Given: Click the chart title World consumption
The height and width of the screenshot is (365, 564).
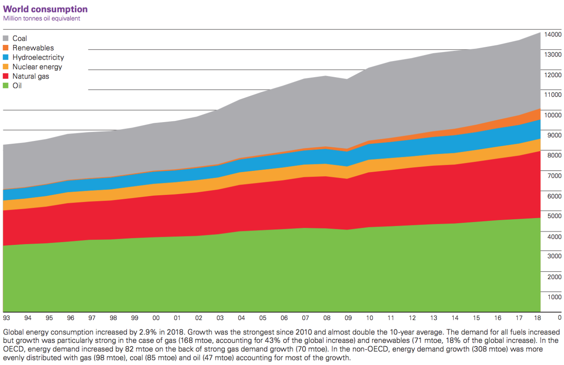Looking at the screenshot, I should point(45,9).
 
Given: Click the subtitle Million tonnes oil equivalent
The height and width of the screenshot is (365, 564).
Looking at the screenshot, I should point(41,19).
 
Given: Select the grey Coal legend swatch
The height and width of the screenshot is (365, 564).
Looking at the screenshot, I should point(6,38).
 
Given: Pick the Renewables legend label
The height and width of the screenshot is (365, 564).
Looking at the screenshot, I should point(33,48).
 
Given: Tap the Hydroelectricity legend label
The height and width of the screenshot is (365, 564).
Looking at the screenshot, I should point(38,57).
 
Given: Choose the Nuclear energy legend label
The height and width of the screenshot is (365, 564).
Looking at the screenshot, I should point(37,67).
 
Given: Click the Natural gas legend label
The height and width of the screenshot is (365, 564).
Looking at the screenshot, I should point(31,76).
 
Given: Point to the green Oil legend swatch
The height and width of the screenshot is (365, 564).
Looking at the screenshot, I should point(6,86).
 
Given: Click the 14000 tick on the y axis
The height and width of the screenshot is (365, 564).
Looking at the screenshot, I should point(553,34).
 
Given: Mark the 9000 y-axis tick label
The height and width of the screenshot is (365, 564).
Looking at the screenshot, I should point(554,135).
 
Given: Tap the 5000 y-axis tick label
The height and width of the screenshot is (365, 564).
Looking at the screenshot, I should point(554,216).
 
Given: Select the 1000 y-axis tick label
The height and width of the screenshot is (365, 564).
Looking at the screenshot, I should point(554,297).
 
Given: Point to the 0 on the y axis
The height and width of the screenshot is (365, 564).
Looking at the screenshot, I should point(559,318).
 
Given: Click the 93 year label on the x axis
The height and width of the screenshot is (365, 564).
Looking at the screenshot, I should point(7,318).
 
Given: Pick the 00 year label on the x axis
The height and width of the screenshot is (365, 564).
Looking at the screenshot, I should point(156,318).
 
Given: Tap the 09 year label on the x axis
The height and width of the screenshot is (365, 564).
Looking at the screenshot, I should point(348,318).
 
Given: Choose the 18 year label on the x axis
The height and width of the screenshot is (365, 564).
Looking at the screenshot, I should point(537,318).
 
